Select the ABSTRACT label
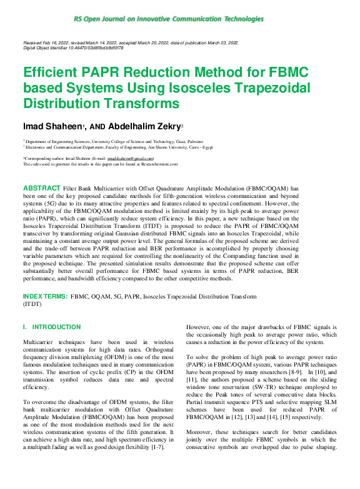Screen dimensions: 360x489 tap(41, 187)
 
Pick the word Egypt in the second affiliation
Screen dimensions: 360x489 tap(224, 147)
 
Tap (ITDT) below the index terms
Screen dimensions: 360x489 tap(32, 304)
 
